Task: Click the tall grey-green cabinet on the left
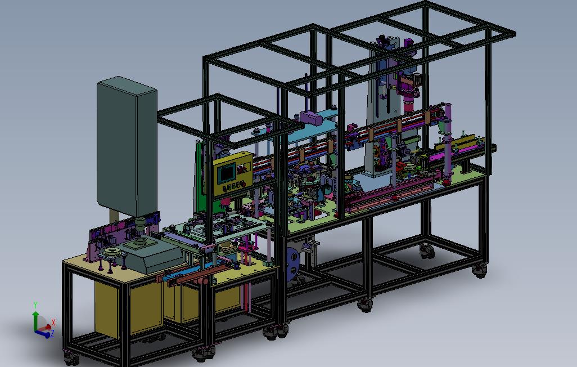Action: click(127, 146)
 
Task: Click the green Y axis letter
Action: click(35, 305)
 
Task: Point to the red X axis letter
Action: click(53, 323)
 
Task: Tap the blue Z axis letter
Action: click(52, 333)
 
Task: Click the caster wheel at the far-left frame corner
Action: click(71, 359)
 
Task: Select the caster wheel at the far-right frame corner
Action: click(480, 271)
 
